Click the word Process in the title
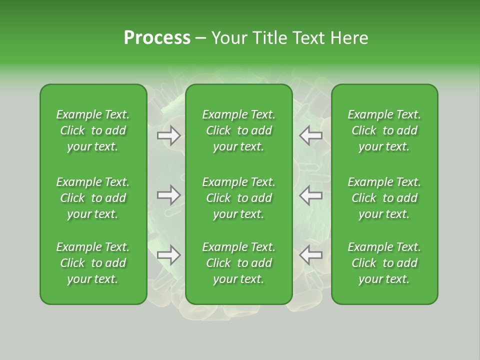tap(157, 38)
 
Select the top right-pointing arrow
tap(169, 135)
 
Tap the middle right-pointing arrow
tap(169, 195)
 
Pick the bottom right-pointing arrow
tap(169, 255)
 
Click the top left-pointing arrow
tap(311, 135)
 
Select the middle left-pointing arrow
tap(311, 195)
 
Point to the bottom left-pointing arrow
tap(311, 255)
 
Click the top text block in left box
tap(93, 130)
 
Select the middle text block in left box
tap(93, 198)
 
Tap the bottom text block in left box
tap(93, 263)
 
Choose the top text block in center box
tap(238, 130)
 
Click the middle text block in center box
tap(238, 198)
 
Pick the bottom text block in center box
tap(238, 263)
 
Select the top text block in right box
tap(384, 130)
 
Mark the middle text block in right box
tap(384, 198)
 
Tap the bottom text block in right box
tap(384, 263)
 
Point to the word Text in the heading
tap(306, 38)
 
